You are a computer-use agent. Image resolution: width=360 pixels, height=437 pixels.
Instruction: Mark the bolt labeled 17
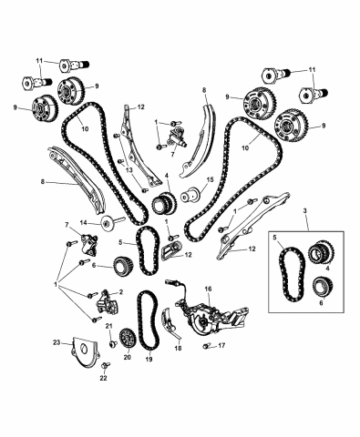click(207, 347)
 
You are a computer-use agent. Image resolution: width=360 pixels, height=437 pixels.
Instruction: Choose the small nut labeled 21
click(112, 341)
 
